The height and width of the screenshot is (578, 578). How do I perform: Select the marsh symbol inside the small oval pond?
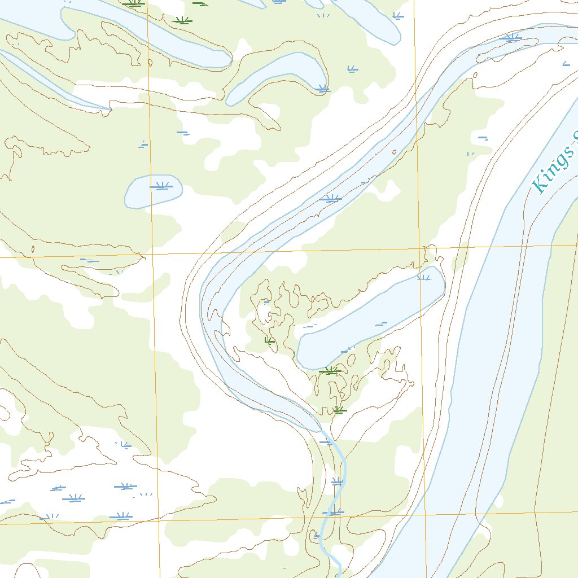point(161,186)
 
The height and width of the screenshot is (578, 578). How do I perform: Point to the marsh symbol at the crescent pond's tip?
point(322,88)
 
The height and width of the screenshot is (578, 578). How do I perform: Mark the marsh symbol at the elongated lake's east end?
point(424,277)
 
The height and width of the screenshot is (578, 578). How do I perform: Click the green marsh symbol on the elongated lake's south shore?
point(330,371)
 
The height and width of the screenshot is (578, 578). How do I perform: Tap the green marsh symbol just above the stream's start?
point(338,410)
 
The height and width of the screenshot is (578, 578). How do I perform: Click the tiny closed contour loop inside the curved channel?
point(393,152)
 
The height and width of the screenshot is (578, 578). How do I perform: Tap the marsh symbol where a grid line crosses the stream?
point(335,513)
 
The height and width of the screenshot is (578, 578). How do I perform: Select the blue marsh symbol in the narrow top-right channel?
point(512,38)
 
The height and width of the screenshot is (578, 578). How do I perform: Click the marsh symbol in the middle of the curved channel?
point(330,198)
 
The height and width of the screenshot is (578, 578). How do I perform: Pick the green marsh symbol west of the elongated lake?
point(270,341)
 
